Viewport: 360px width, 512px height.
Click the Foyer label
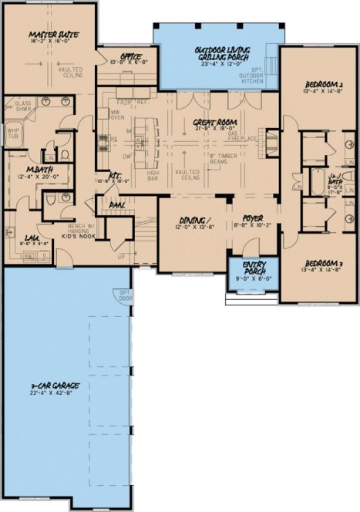tap(247, 219)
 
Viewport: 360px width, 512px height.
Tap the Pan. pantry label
tap(118, 205)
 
